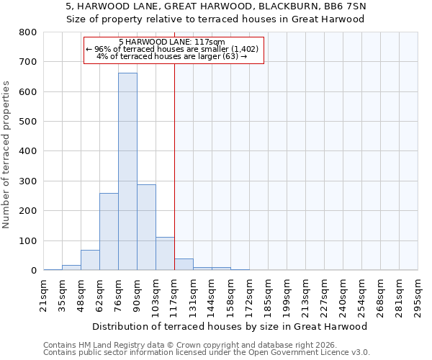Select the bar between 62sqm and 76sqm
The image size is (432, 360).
[109, 231]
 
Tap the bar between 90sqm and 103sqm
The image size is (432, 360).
[146, 227]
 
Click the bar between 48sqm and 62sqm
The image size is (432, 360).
[90, 260]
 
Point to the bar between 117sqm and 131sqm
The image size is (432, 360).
[184, 264]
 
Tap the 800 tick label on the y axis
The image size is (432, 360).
[28, 32]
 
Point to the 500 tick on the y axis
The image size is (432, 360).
[28, 122]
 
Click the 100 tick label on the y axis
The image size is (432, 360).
[28, 240]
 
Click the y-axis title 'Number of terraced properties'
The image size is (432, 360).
[6, 155]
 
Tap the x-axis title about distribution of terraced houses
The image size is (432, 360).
[230, 326]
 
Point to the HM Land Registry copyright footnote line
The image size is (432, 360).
[193, 345]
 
